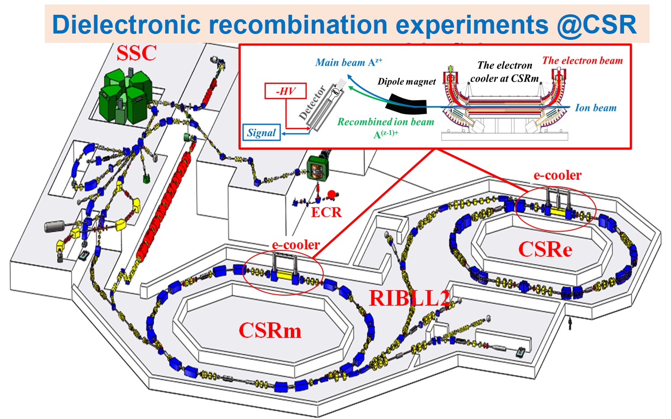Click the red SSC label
(136, 53)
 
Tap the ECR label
(326, 212)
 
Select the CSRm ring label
(270, 330)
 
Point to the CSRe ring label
(545, 249)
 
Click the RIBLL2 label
(409, 298)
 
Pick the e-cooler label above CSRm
(296, 245)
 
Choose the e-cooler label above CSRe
(557, 175)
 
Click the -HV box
(285, 91)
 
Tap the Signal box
(262, 133)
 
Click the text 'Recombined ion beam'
(386, 122)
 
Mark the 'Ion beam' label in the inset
(595, 108)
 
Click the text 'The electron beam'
(582, 60)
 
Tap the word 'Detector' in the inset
(312, 103)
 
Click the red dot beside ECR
(331, 194)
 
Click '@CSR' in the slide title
(597, 25)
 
